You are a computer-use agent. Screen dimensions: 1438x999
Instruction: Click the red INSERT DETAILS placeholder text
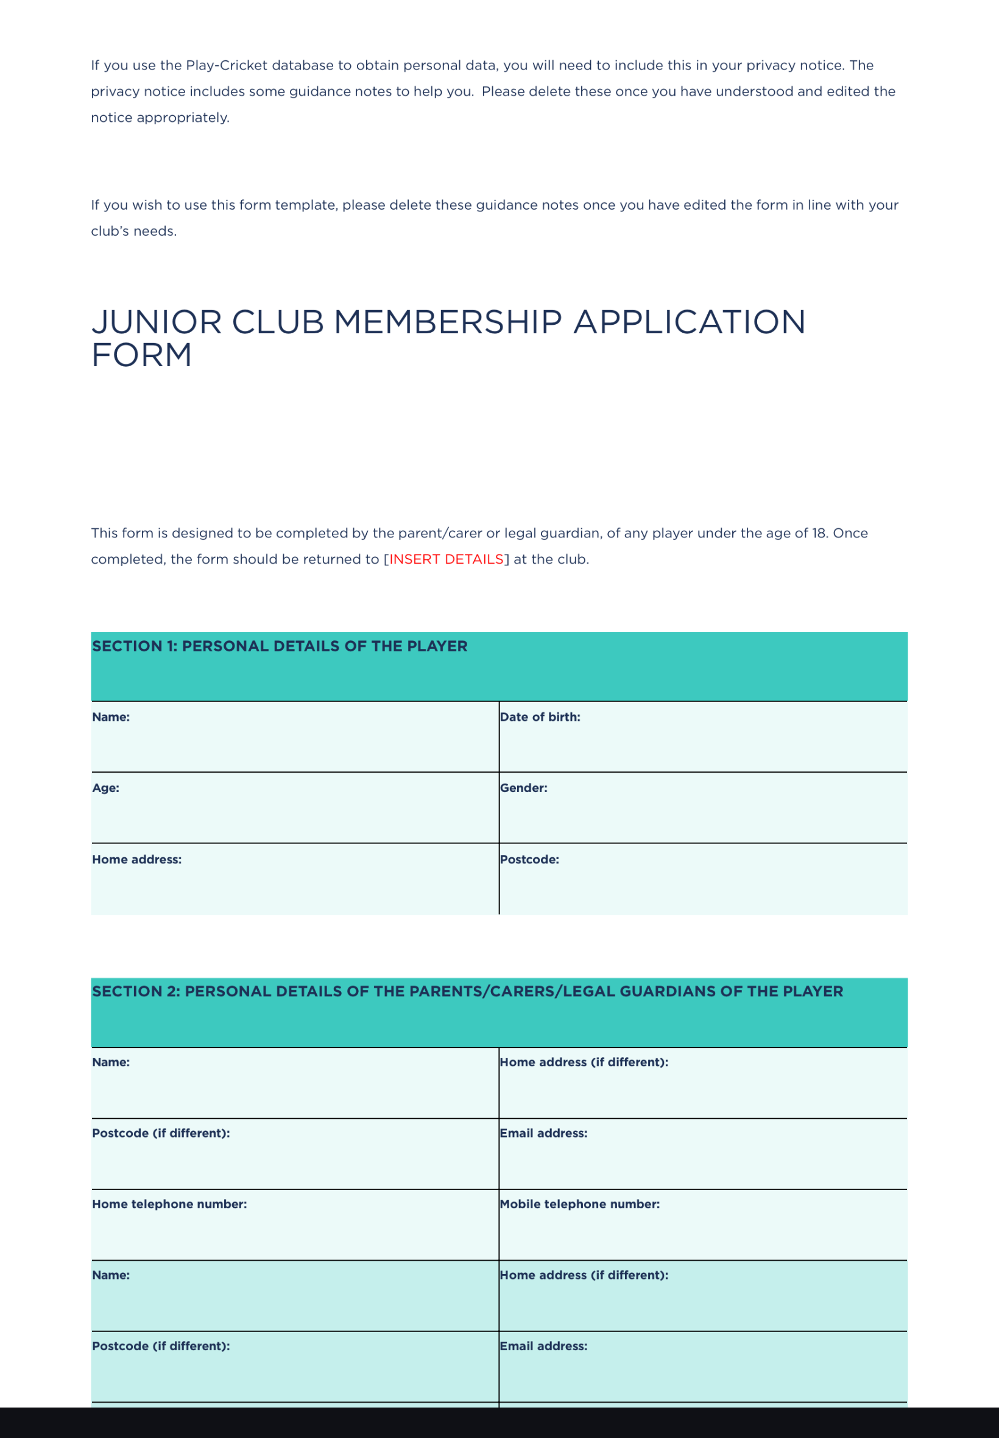(x=447, y=559)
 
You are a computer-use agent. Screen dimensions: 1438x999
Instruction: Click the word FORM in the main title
(x=141, y=355)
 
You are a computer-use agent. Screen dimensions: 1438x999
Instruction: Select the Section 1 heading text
(x=279, y=646)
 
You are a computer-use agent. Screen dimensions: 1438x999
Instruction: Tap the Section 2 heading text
(x=467, y=991)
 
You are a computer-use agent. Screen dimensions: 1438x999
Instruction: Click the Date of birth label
(x=540, y=717)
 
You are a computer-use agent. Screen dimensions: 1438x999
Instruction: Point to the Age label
(x=105, y=788)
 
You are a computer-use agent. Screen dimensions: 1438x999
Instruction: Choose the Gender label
(x=523, y=788)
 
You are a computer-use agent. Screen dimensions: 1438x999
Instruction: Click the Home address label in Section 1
(x=136, y=860)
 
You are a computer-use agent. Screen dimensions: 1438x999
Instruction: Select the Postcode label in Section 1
(x=529, y=860)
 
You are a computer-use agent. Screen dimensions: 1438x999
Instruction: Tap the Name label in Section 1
(x=111, y=717)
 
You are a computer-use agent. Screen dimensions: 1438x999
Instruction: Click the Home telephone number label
(x=169, y=1204)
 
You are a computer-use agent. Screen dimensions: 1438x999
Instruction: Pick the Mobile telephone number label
(x=580, y=1204)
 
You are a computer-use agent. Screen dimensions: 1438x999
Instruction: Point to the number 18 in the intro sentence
(x=819, y=533)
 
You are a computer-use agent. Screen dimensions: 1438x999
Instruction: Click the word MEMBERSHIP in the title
(x=448, y=322)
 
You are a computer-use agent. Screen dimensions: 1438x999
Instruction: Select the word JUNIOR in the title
(x=157, y=322)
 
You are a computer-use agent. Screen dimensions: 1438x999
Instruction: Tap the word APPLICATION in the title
(x=689, y=322)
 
